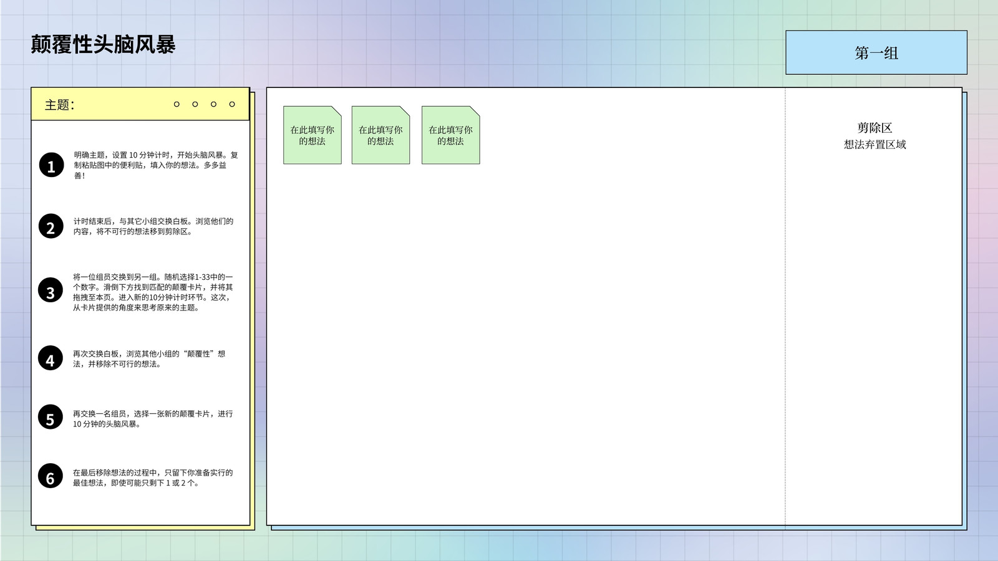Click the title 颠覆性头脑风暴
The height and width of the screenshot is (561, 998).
tap(103, 44)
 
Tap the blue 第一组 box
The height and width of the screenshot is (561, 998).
tap(876, 52)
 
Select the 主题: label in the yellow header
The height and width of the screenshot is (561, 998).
tap(60, 105)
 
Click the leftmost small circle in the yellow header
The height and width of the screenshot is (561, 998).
tap(177, 104)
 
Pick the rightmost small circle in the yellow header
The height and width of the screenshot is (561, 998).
tap(231, 104)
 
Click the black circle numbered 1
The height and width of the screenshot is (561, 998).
tap(51, 165)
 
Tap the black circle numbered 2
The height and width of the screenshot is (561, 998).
tap(51, 226)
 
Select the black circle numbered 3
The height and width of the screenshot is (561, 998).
tap(51, 290)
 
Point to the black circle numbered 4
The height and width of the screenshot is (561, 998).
tap(51, 358)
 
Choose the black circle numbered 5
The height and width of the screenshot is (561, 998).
tap(51, 417)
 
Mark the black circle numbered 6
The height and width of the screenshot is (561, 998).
tap(51, 476)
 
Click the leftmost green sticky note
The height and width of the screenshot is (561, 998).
tap(312, 135)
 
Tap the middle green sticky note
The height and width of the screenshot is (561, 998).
tap(380, 135)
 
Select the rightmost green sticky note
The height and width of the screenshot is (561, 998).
tap(450, 135)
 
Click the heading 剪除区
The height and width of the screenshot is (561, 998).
tap(874, 128)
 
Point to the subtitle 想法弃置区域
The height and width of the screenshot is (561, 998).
tap(874, 144)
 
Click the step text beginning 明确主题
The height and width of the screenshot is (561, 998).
tap(156, 165)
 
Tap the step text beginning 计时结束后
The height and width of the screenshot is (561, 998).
tap(153, 226)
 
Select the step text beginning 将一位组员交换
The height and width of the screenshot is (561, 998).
tap(153, 292)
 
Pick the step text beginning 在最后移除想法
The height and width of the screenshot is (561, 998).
tap(153, 477)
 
